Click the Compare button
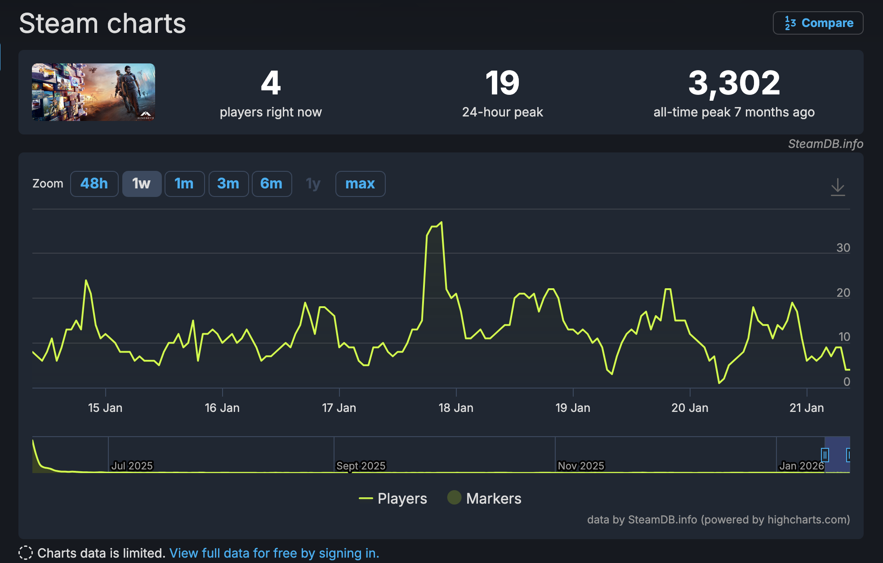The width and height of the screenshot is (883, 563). pyautogui.click(x=818, y=23)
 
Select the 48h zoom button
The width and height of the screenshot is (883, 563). pyautogui.click(x=94, y=183)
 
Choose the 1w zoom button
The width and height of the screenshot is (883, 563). pyautogui.click(x=142, y=183)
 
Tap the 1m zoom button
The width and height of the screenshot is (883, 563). pyautogui.click(x=184, y=183)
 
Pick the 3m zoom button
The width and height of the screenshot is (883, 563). pyautogui.click(x=228, y=183)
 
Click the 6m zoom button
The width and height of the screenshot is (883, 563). pyautogui.click(x=272, y=183)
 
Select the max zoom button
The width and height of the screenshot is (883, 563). pyautogui.click(x=360, y=183)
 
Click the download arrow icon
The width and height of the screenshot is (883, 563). pyautogui.click(x=838, y=187)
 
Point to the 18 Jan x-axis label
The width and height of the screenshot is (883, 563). pyautogui.click(x=456, y=408)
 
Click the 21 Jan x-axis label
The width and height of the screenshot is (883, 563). pyautogui.click(x=807, y=408)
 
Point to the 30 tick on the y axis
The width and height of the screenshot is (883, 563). pyautogui.click(x=843, y=248)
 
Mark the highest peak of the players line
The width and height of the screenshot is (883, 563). pyautogui.click(x=441, y=222)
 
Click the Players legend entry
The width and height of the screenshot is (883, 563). pyautogui.click(x=393, y=498)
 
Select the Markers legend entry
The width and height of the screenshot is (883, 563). pyautogui.click(x=485, y=498)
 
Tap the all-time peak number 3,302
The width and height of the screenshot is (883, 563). pyautogui.click(x=734, y=83)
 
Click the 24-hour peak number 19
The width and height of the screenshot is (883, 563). pyautogui.click(x=502, y=83)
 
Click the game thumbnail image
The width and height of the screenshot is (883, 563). pyautogui.click(x=94, y=92)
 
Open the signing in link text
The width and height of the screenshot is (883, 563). pyautogui.click(x=274, y=553)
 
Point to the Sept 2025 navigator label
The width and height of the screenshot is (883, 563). pyautogui.click(x=361, y=466)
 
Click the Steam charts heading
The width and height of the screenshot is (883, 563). pyautogui.click(x=103, y=23)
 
